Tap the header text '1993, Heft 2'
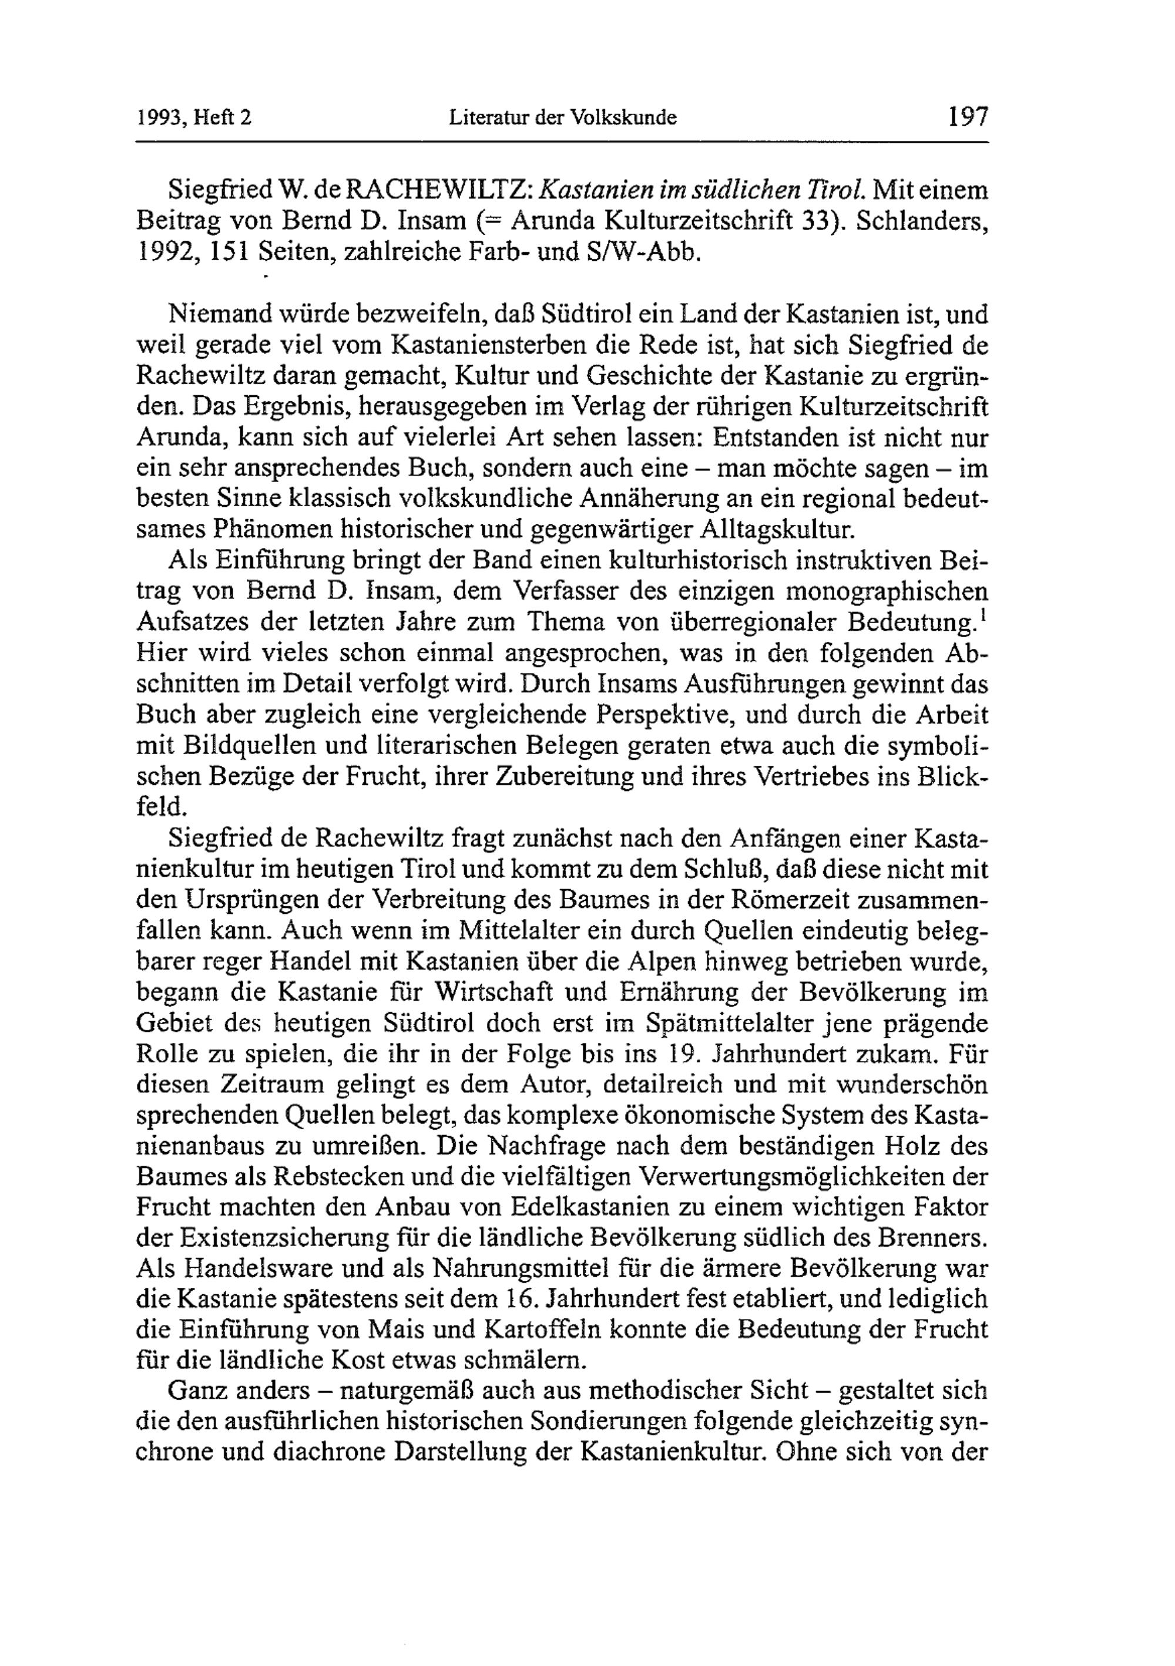pyautogui.click(x=194, y=117)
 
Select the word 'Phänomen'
pyautogui.click(x=271, y=530)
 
